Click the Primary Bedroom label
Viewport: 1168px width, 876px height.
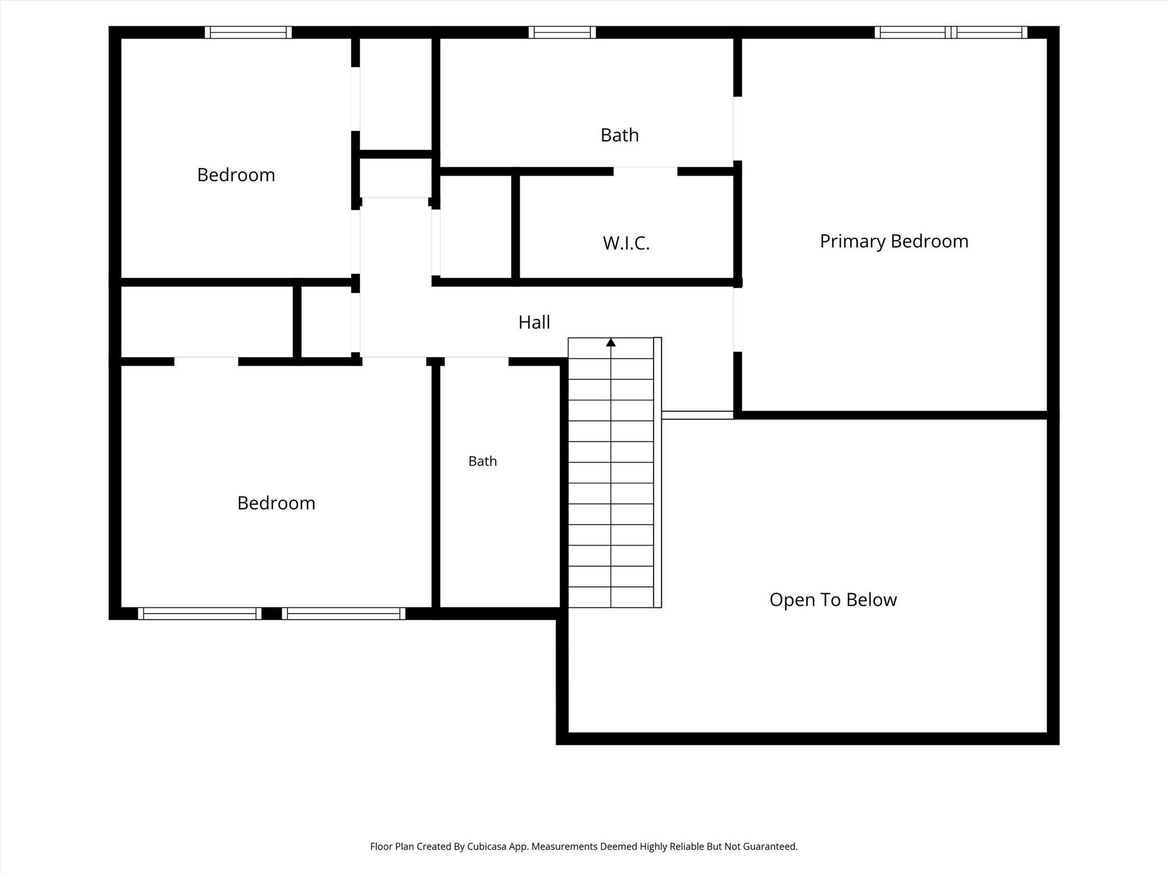click(894, 241)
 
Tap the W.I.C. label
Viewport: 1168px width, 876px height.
click(626, 244)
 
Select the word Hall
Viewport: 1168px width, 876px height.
click(534, 322)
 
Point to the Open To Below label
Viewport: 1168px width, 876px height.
click(833, 599)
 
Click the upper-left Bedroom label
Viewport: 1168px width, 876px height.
click(236, 175)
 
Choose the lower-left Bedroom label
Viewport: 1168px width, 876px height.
click(276, 503)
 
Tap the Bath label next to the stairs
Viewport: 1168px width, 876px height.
click(482, 461)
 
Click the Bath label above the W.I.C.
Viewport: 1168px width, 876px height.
click(619, 135)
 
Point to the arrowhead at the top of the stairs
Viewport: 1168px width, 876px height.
click(611, 342)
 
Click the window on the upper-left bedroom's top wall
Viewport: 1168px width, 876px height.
click(248, 33)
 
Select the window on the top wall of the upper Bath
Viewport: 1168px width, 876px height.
click(562, 33)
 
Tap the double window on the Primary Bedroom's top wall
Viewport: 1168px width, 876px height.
click(951, 33)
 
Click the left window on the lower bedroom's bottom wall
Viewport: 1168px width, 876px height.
click(200, 614)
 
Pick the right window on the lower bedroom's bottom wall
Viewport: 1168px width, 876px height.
click(343, 614)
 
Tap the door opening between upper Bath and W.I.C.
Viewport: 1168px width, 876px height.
click(646, 171)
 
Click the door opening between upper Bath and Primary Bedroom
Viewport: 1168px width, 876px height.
click(737, 129)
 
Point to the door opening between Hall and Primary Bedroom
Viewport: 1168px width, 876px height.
click(737, 320)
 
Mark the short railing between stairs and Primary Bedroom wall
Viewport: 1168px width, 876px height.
click(697, 415)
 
